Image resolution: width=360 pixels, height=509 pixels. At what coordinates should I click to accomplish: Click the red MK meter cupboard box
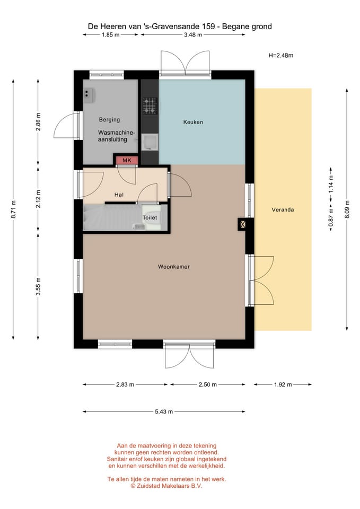pyautogui.click(x=127, y=160)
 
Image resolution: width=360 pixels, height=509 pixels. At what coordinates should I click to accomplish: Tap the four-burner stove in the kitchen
pyautogui.click(x=150, y=106)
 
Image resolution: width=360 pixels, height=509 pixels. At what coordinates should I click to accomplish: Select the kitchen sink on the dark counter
pyautogui.click(x=150, y=142)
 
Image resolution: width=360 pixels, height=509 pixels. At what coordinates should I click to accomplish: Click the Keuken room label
pyautogui.click(x=193, y=122)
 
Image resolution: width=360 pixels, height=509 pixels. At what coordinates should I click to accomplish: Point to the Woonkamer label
pyautogui.click(x=174, y=267)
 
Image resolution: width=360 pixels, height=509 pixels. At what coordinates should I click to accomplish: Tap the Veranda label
pyautogui.click(x=283, y=210)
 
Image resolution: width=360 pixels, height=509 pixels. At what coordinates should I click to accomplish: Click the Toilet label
pyautogui.click(x=150, y=217)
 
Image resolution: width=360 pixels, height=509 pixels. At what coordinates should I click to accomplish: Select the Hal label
pyautogui.click(x=119, y=195)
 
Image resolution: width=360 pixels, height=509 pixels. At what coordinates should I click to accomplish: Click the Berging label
pyautogui.click(x=109, y=119)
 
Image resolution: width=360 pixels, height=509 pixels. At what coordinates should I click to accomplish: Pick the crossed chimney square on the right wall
pyautogui.click(x=242, y=224)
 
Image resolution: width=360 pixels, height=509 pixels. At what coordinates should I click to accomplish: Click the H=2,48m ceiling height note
pyautogui.click(x=281, y=55)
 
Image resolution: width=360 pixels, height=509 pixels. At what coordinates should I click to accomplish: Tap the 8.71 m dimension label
pyautogui.click(x=13, y=209)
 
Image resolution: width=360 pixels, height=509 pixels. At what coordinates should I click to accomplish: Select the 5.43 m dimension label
pyautogui.click(x=164, y=411)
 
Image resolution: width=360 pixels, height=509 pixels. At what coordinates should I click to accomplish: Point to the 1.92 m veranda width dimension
pyautogui.click(x=283, y=384)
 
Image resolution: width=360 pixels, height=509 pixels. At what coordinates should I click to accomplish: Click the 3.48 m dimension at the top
pyautogui.click(x=193, y=35)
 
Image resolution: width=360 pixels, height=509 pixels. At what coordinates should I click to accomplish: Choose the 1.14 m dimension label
pyautogui.click(x=331, y=184)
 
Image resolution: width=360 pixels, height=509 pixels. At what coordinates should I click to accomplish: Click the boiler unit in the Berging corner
pyautogui.click(x=89, y=94)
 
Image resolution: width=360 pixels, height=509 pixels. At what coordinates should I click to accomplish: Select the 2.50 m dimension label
pyautogui.click(x=207, y=384)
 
